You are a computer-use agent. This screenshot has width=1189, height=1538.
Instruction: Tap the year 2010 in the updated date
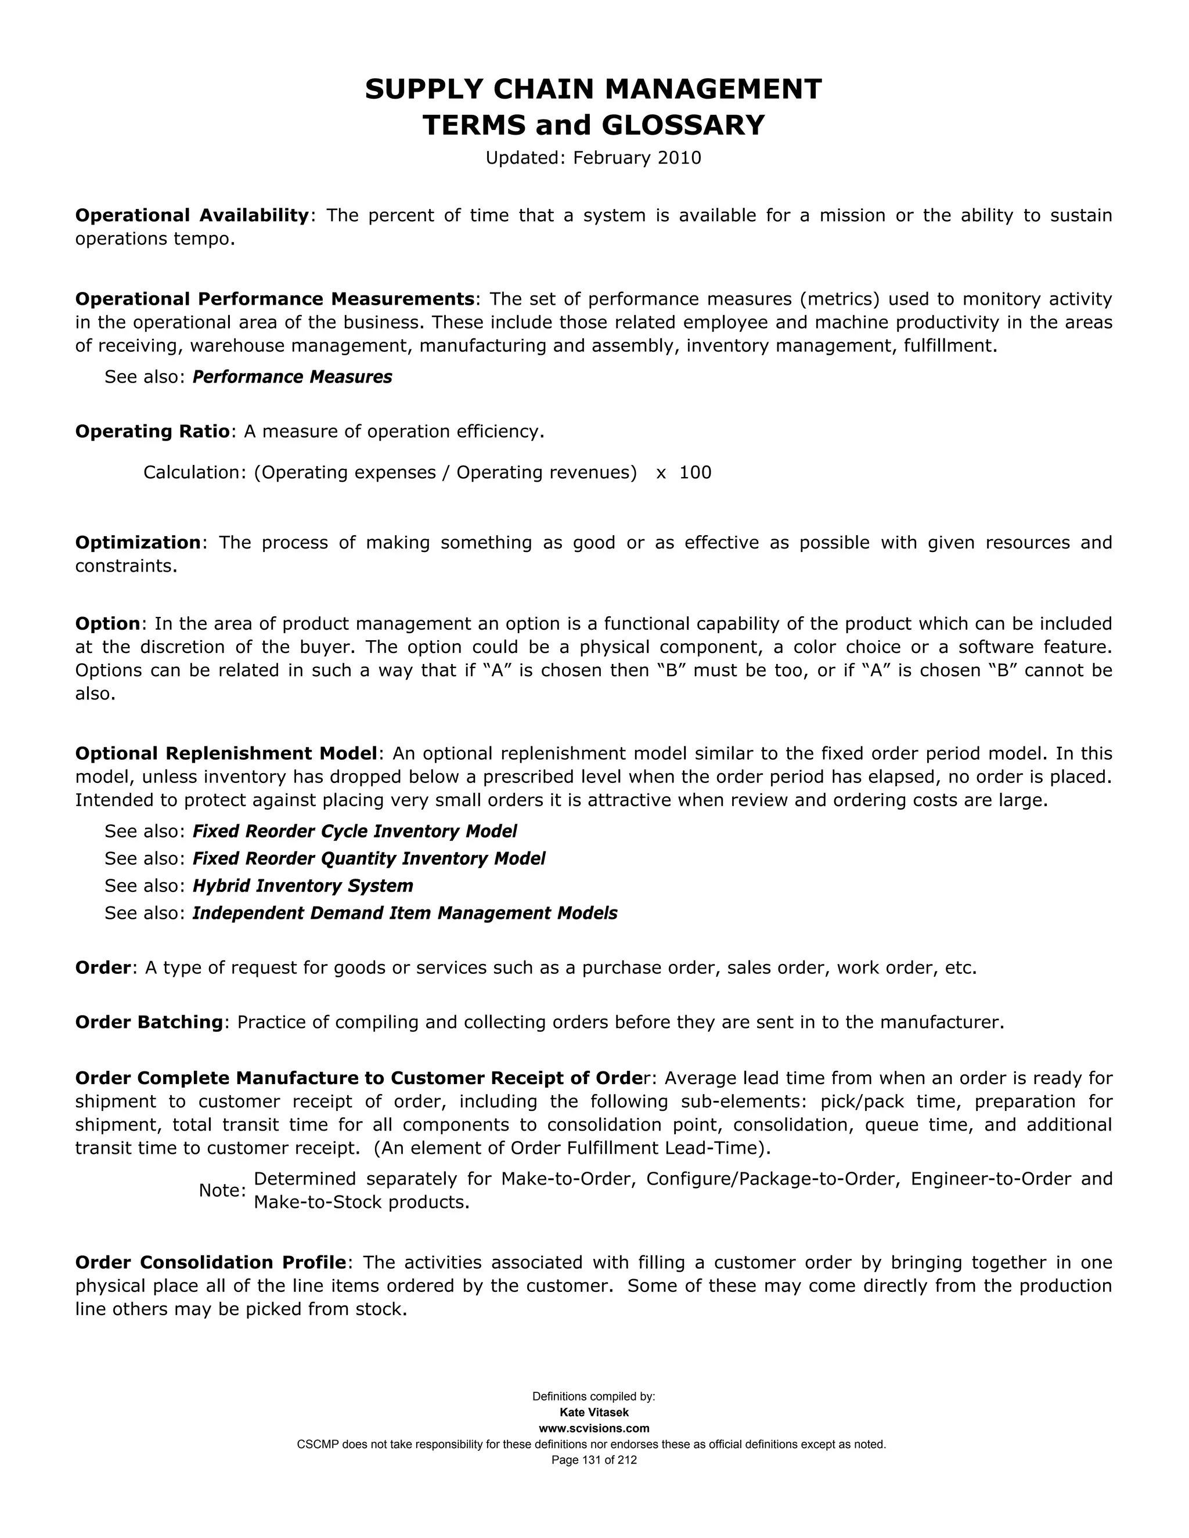pyautogui.click(x=679, y=158)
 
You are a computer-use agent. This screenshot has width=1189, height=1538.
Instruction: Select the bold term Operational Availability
pyautogui.click(x=192, y=215)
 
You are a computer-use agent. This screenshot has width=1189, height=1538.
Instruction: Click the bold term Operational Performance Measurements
pyautogui.click(x=275, y=299)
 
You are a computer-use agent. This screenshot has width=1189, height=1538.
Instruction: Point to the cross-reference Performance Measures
pyautogui.click(x=293, y=377)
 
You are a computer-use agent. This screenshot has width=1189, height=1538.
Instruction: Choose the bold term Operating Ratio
pyautogui.click(x=152, y=432)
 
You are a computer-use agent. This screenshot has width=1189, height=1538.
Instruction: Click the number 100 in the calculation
pyautogui.click(x=695, y=472)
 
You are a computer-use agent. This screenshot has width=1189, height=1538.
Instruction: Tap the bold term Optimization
pyautogui.click(x=138, y=543)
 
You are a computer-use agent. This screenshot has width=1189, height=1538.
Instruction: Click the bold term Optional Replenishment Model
pyautogui.click(x=226, y=754)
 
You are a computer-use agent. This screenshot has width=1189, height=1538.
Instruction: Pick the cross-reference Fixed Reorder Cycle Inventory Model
pyautogui.click(x=354, y=832)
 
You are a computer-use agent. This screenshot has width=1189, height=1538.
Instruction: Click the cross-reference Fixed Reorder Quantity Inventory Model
pyautogui.click(x=369, y=859)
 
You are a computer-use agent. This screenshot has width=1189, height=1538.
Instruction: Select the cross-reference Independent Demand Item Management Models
pyautogui.click(x=405, y=914)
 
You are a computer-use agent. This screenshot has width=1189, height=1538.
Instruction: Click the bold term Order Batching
pyautogui.click(x=149, y=1023)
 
